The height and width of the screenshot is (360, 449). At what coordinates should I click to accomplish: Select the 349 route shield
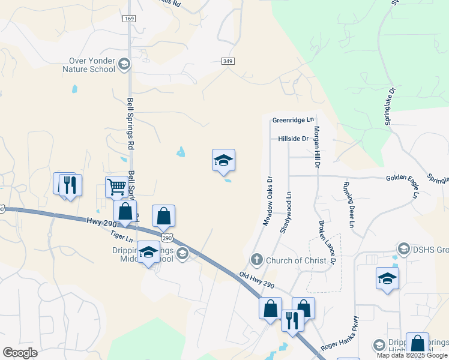[228, 61]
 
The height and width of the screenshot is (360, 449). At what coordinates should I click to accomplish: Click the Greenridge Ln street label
[293, 120]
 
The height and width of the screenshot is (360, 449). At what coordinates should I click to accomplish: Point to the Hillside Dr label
[293, 139]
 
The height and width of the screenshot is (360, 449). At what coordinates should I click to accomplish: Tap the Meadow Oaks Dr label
[268, 201]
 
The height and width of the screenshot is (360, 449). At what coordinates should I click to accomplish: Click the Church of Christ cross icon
[256, 260]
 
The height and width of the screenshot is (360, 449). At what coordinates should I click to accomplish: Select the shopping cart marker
[117, 187]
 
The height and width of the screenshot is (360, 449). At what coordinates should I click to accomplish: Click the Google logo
[20, 353]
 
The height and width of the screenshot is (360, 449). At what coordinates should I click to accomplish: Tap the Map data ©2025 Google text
[412, 355]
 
